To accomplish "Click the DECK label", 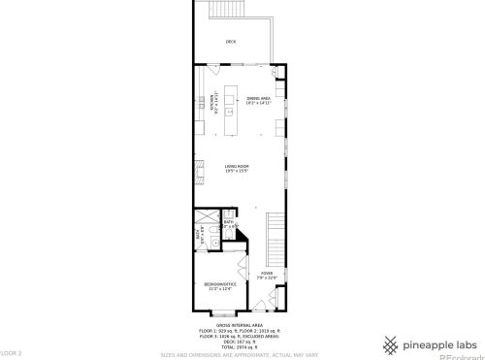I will tap(230, 42).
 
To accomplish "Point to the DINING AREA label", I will tap(257, 98).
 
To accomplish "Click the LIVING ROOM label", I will tap(238, 167).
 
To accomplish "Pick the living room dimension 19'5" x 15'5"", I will tap(238, 172).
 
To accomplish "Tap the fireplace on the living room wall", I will tap(200, 173).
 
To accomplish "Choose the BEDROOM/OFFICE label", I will tap(217, 284).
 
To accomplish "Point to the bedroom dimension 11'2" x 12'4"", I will tap(217, 289).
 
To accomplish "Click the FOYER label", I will tap(267, 274).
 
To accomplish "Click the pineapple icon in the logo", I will tap(389, 343).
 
